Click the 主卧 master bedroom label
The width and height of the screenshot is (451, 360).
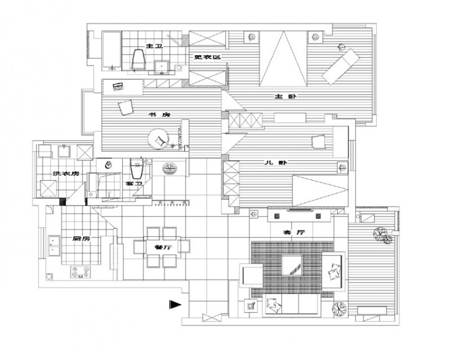(x=285, y=97)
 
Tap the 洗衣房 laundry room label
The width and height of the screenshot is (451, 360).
(x=65, y=174)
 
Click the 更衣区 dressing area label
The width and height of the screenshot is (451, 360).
(x=208, y=57)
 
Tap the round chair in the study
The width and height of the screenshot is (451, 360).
(x=158, y=139)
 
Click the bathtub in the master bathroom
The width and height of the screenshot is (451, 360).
(x=112, y=51)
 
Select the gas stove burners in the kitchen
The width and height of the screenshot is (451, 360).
(x=80, y=272)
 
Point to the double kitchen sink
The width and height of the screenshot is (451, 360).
(x=54, y=246)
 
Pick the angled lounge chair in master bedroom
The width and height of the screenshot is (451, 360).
(x=341, y=67)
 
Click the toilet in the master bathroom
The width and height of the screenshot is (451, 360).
(x=139, y=59)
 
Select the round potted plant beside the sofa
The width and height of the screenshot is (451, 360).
(x=339, y=309)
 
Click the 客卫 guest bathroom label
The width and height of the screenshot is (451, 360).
(x=133, y=183)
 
